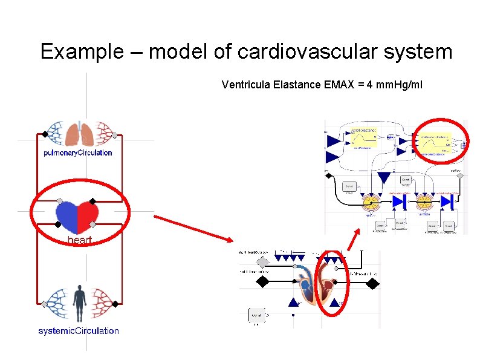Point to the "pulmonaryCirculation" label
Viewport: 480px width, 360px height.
78,153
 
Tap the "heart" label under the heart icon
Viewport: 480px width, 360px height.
79,240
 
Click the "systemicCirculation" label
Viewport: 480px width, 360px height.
79,331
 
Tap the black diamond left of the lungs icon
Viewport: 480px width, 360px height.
44,134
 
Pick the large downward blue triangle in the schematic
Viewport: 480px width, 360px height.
384,177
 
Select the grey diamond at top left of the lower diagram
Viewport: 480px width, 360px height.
262,262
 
